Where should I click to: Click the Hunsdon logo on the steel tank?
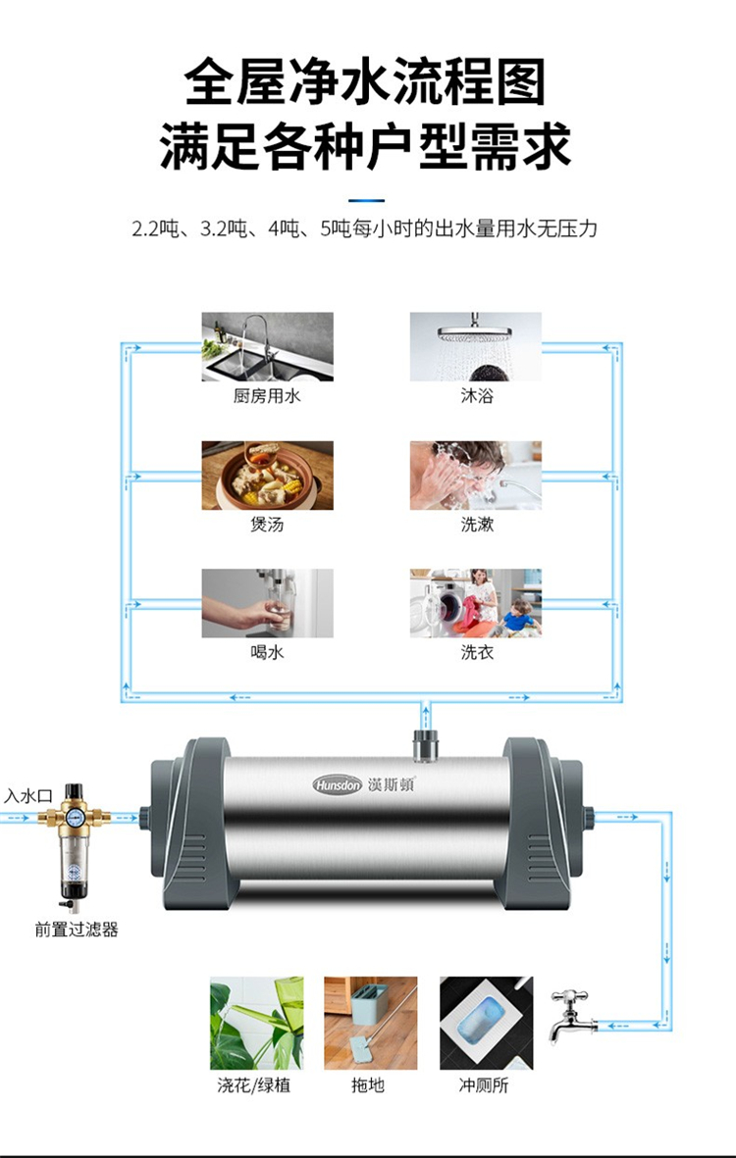point(337,784)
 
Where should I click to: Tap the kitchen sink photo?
point(268,346)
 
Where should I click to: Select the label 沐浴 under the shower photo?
point(477,396)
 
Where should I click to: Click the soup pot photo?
point(268,476)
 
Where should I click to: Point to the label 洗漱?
point(477,525)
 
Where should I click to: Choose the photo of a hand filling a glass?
point(268,603)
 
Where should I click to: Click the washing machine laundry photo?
point(476,603)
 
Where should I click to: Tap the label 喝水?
point(267,653)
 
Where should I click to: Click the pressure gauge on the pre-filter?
point(74,818)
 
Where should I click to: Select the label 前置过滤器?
point(77,930)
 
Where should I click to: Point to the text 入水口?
point(28,796)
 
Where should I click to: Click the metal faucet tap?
point(569,1016)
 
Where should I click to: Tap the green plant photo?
point(256,1023)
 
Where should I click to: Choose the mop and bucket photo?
point(370,1023)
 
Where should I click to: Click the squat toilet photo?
point(486,1023)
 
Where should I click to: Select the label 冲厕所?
point(484,1085)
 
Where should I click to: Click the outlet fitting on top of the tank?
point(426,746)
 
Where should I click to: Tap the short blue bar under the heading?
point(366,200)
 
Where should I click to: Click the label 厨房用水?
point(267,396)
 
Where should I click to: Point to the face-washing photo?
point(476,476)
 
